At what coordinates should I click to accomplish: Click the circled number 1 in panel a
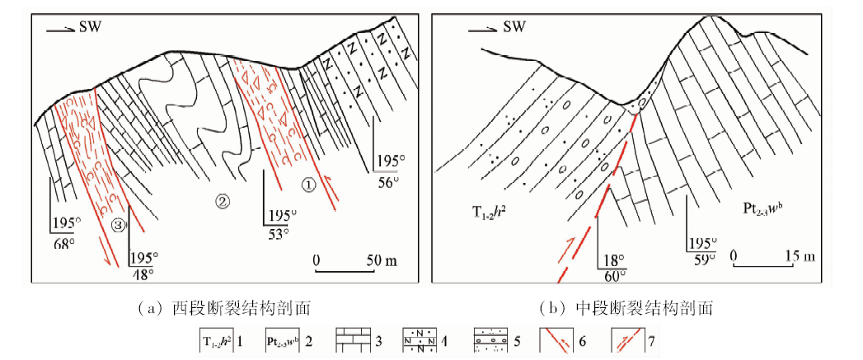coord(307,185)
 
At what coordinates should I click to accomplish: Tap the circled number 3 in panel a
coord(119,224)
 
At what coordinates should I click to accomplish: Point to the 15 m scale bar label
coord(794,256)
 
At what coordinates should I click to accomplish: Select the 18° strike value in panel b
coord(611,257)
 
